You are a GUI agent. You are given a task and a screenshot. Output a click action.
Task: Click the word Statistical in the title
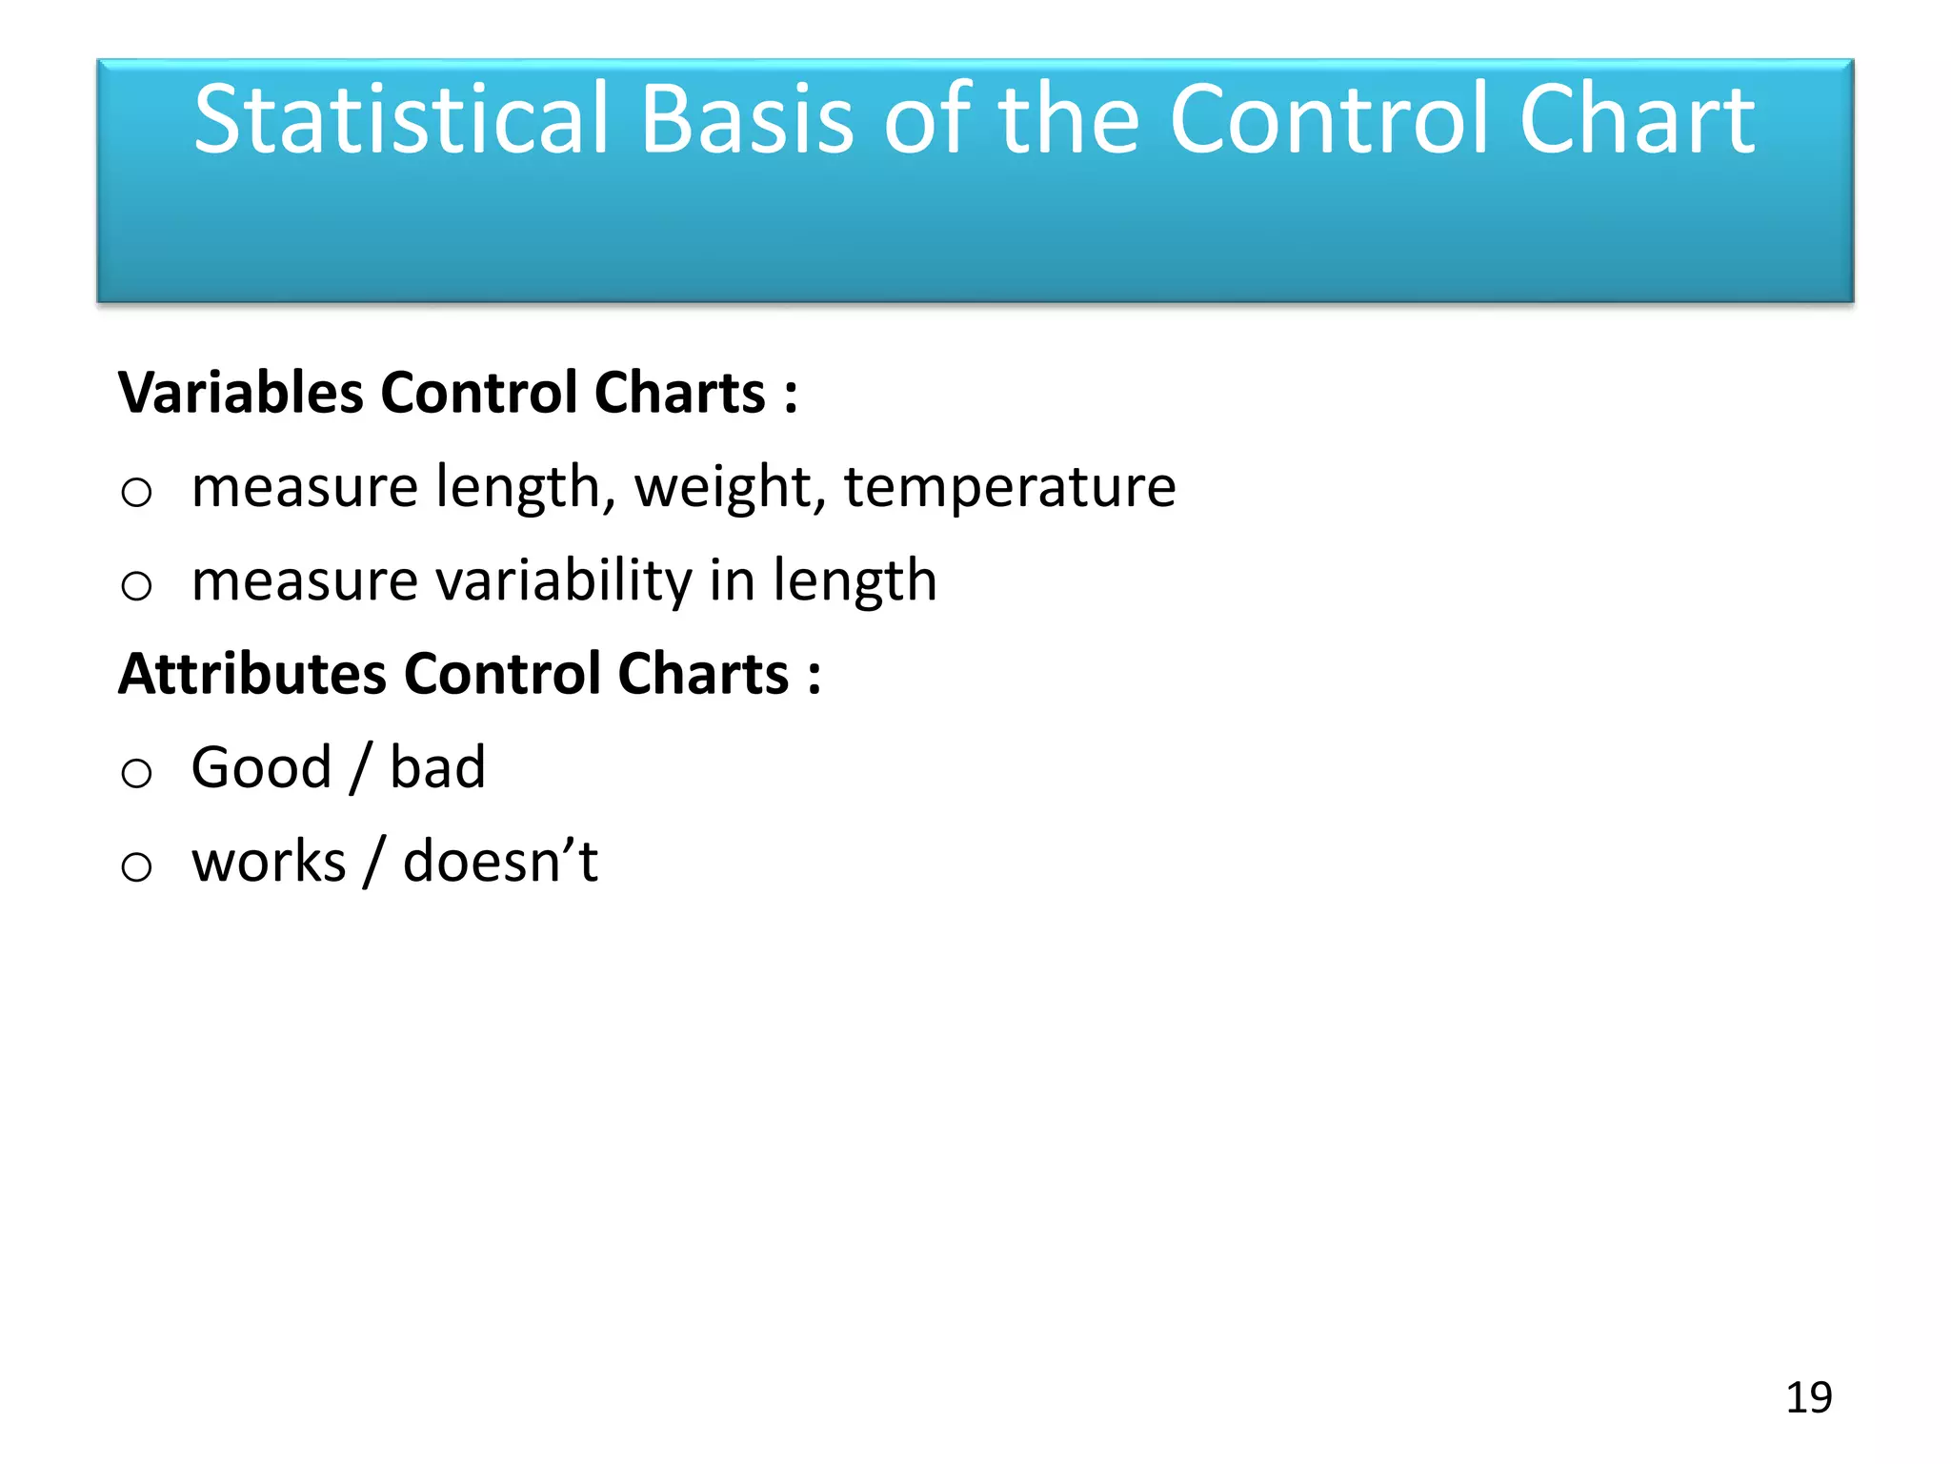[x=400, y=119]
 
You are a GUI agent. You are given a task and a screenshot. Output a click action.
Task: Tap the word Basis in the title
[x=748, y=119]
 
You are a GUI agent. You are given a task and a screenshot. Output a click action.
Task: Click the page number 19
[x=1808, y=1397]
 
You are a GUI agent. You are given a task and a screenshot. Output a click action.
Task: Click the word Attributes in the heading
[x=251, y=674]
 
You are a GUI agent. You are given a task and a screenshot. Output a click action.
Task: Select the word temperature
[x=1010, y=487]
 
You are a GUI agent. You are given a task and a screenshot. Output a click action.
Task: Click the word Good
[x=261, y=767]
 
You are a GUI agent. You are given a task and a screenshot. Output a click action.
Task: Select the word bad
[x=437, y=767]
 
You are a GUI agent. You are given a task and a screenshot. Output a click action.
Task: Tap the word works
[x=269, y=862]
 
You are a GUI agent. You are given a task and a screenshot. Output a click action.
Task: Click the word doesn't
[x=500, y=862]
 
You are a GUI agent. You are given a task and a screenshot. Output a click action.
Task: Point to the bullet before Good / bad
[x=136, y=772]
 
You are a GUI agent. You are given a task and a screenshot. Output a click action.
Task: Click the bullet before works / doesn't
[x=136, y=866]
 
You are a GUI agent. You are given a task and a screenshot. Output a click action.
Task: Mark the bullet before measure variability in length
[x=136, y=585]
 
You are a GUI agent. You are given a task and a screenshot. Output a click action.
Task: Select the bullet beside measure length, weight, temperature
[x=136, y=492]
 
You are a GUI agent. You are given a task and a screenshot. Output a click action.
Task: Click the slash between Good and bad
[x=360, y=768]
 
